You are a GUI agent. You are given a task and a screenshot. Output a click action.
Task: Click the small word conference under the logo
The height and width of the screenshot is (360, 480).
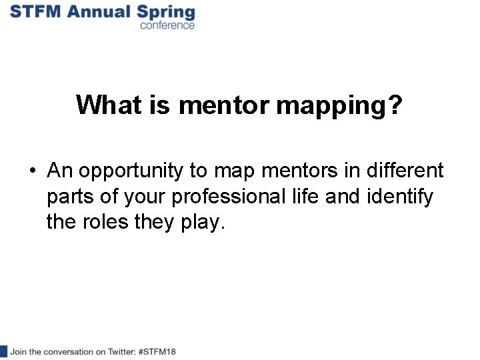click(167, 25)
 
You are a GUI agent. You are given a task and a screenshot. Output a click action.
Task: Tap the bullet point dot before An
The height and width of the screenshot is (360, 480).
click(33, 171)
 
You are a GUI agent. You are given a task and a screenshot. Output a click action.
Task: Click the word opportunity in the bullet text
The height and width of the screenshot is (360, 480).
click(134, 172)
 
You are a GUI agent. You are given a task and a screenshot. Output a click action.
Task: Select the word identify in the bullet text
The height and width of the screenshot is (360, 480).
click(408, 197)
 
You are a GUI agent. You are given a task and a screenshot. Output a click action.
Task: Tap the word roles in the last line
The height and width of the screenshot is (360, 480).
click(99, 222)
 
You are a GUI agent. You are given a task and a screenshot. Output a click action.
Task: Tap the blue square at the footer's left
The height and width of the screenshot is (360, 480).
click(3, 351)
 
